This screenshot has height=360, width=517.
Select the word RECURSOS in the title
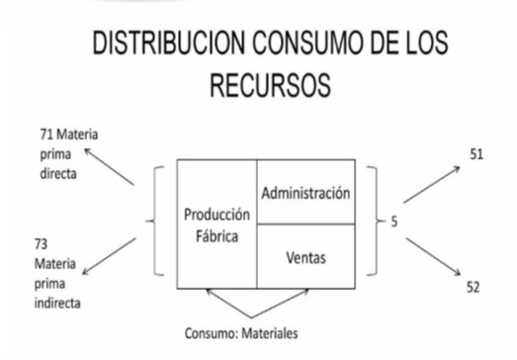point(271,85)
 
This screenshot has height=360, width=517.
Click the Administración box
point(306,192)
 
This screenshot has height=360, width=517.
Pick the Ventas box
point(306,256)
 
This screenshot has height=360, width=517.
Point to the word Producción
point(216,215)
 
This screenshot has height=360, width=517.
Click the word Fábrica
point(216,236)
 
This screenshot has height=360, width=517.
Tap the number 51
point(476,154)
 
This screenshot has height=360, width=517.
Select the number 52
point(474,288)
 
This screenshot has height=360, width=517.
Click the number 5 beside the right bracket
point(394,222)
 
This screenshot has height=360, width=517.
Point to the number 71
point(46,135)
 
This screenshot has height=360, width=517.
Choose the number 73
point(41,244)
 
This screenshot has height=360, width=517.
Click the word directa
point(58,173)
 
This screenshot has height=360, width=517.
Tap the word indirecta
point(57,303)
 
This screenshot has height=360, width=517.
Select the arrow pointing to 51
point(432,185)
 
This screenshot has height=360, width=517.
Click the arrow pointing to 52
point(433,256)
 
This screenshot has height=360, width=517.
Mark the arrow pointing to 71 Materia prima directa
point(109,166)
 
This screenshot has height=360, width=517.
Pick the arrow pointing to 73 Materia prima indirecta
point(109,256)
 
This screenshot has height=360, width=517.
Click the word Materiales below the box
point(270,333)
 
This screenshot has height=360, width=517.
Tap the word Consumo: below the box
point(212,333)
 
